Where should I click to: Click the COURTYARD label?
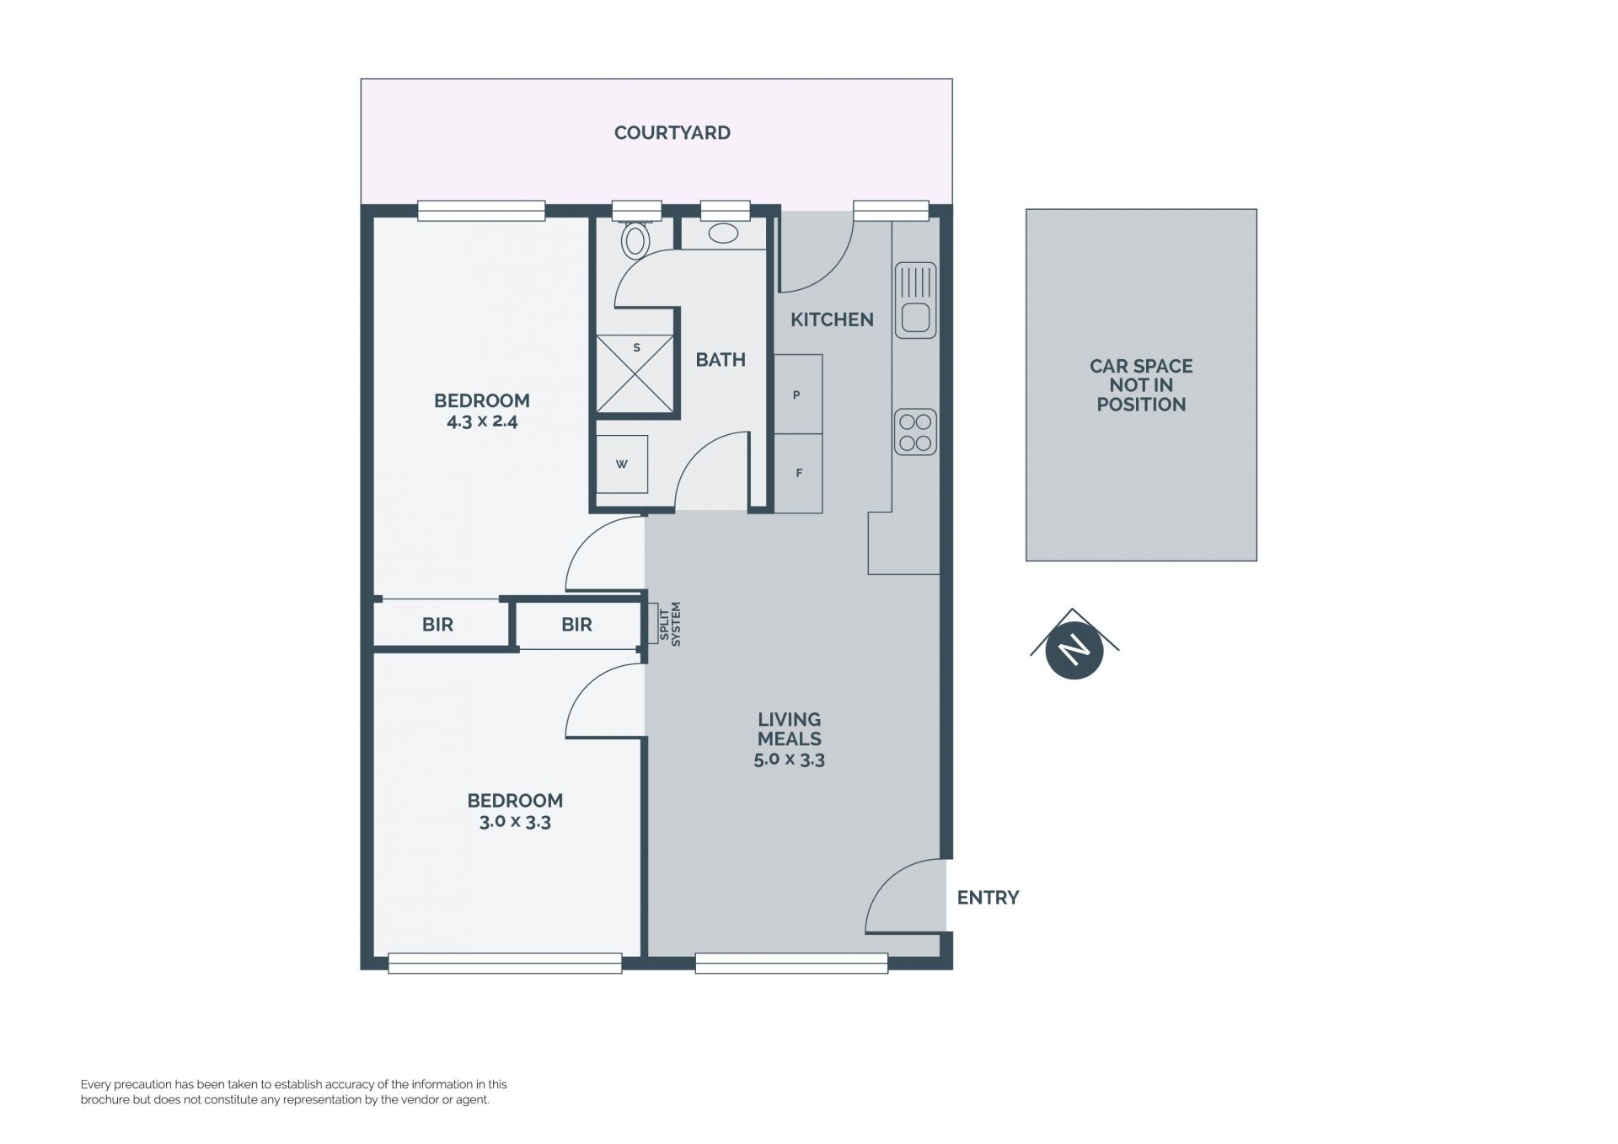point(672,132)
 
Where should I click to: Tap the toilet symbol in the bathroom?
point(635,239)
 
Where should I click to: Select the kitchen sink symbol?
point(915,300)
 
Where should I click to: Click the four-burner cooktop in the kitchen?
point(915,432)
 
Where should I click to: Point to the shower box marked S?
point(635,374)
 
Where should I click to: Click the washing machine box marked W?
point(622,464)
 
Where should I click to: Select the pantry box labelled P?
point(798,394)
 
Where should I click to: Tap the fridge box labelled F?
point(798,473)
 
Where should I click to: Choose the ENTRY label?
point(988,898)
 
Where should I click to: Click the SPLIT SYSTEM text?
point(669,625)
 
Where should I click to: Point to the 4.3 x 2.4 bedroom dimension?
point(482,422)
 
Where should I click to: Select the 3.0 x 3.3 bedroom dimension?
point(515,822)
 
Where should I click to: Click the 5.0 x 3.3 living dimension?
point(790,760)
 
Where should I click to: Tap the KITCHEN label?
point(832,320)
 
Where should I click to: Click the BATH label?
point(721,360)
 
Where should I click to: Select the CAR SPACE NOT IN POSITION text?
point(1141,385)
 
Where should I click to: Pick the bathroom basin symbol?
point(723,234)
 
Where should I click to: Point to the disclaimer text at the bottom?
point(294,1092)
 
